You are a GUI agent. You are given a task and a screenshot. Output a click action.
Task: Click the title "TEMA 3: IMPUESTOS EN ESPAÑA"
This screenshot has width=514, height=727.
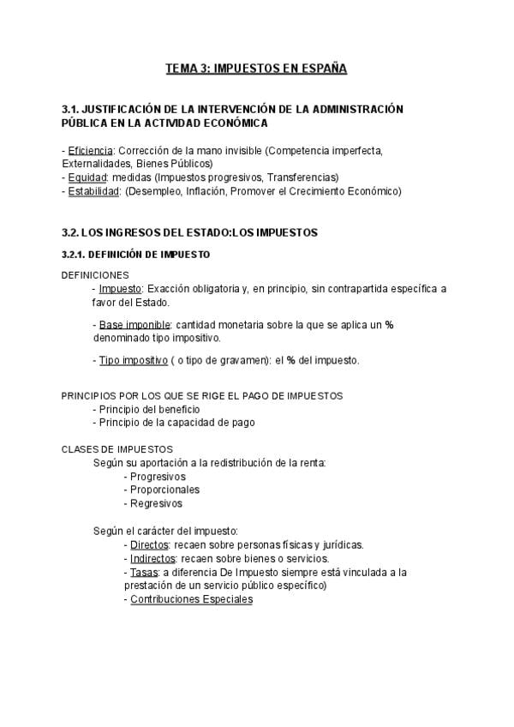point(256,69)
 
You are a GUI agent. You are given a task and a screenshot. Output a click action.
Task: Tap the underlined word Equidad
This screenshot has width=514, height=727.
point(87,177)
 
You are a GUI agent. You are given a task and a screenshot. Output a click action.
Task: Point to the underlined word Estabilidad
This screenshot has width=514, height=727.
point(93,191)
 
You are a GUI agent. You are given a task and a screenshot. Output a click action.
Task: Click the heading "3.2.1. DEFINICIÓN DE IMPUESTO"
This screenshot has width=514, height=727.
point(135,255)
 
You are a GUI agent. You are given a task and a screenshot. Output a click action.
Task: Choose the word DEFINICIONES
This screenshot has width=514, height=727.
point(95,275)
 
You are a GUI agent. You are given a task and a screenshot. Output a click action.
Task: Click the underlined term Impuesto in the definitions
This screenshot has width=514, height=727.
point(120,289)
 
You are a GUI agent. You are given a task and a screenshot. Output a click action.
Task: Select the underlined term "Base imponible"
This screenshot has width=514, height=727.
point(134,325)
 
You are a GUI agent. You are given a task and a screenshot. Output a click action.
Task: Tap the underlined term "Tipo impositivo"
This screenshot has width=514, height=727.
point(133,360)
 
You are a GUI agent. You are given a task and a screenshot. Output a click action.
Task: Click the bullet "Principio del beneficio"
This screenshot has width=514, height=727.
point(149,409)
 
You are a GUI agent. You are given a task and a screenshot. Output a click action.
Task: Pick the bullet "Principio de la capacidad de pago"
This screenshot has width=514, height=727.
point(176,423)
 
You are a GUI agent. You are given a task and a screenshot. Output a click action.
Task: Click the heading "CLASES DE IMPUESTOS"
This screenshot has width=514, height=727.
point(117,449)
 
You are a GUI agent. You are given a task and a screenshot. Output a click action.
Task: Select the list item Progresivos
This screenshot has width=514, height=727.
point(158,477)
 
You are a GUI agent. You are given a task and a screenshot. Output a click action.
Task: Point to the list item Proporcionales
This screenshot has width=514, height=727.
point(164,490)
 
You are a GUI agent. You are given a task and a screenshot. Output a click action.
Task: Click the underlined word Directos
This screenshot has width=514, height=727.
point(149,544)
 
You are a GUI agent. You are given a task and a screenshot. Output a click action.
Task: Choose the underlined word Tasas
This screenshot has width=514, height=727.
point(143,572)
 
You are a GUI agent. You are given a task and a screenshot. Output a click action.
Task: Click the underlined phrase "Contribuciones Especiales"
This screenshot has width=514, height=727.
point(191,599)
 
